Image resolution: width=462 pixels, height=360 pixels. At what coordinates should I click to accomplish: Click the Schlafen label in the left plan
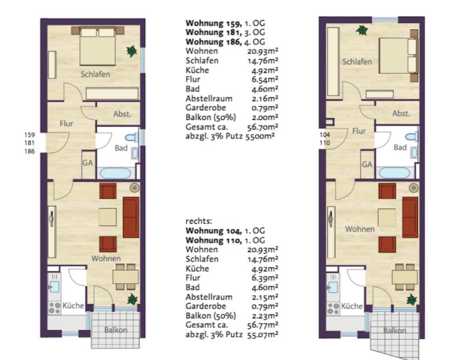(x=95, y=74)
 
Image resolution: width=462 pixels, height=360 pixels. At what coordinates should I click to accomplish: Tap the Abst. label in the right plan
(x=401, y=113)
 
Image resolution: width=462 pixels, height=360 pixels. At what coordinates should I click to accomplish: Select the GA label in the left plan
(x=88, y=163)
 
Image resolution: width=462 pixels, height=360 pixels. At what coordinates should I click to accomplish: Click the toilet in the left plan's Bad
(x=132, y=137)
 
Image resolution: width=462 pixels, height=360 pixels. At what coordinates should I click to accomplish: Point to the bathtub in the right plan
(x=394, y=172)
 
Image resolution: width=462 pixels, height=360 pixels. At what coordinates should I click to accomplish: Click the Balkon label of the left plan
(x=115, y=330)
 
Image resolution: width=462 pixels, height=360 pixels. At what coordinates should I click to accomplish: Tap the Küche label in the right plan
(x=352, y=306)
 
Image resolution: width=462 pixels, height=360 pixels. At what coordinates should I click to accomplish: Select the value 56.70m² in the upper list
(x=263, y=127)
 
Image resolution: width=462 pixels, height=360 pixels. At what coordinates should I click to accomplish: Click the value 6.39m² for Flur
(x=264, y=278)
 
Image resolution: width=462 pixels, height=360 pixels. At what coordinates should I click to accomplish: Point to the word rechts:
(x=199, y=221)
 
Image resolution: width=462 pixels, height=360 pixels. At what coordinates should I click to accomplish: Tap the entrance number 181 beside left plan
(x=29, y=142)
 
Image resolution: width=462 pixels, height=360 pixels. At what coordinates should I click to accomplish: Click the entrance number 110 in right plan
(x=325, y=142)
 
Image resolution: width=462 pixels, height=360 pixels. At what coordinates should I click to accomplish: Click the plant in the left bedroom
(x=132, y=51)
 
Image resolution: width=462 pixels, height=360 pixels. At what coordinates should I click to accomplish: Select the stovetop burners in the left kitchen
(x=54, y=308)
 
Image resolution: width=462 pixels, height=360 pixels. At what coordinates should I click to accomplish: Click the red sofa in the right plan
(x=410, y=217)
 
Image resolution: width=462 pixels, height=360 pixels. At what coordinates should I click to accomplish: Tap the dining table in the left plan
(x=125, y=277)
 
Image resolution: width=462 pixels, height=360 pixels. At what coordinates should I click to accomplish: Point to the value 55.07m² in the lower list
(x=263, y=335)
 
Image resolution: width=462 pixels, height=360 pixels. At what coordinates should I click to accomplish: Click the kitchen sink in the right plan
(x=333, y=287)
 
